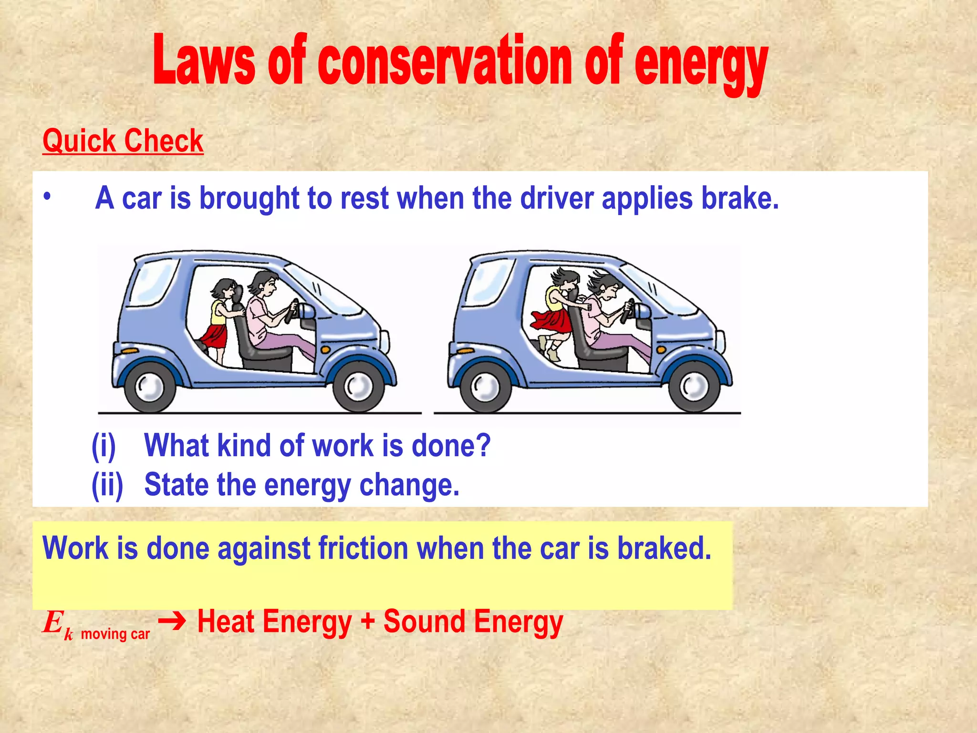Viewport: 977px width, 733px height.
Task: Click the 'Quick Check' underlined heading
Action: [123, 141]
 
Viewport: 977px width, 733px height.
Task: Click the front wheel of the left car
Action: [358, 386]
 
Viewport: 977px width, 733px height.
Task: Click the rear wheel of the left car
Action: [149, 386]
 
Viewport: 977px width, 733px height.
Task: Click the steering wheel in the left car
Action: [292, 310]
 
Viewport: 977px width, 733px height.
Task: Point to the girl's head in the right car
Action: [565, 282]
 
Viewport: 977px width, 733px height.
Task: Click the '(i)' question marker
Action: [104, 446]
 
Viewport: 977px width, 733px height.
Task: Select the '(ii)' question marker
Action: [107, 485]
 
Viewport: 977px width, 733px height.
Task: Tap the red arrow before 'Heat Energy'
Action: [172, 621]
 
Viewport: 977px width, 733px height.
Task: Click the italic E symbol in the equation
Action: [52, 623]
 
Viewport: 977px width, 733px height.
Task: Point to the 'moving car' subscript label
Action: [115, 634]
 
